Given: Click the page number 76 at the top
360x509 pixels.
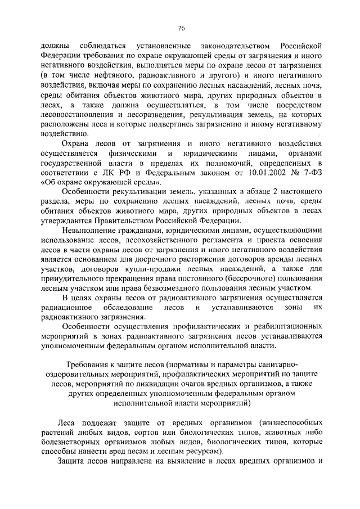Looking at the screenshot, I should pos(181,28).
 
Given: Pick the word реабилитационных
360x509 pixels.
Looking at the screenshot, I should pos(287,327).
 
